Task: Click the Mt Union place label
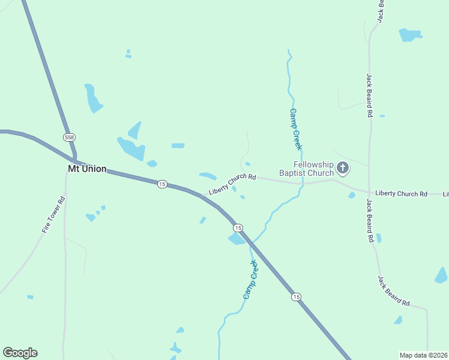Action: (x=87, y=169)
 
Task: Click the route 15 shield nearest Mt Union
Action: (x=162, y=184)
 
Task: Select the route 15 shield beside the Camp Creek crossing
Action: (x=238, y=227)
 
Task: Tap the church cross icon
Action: (x=343, y=168)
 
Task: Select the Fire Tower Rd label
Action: (x=53, y=215)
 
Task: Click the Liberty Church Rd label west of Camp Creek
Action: (x=232, y=185)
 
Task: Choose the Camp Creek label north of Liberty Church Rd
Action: (x=295, y=129)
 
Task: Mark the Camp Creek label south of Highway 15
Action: (x=250, y=280)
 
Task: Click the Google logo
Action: (x=20, y=353)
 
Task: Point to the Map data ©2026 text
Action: (x=423, y=355)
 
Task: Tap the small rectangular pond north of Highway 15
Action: (x=178, y=145)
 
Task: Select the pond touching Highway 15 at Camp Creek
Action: (x=236, y=239)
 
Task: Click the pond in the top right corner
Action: (x=410, y=34)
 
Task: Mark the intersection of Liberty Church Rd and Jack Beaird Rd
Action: (x=368, y=193)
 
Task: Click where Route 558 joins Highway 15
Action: (x=75, y=161)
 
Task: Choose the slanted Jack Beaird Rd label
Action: (x=393, y=291)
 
